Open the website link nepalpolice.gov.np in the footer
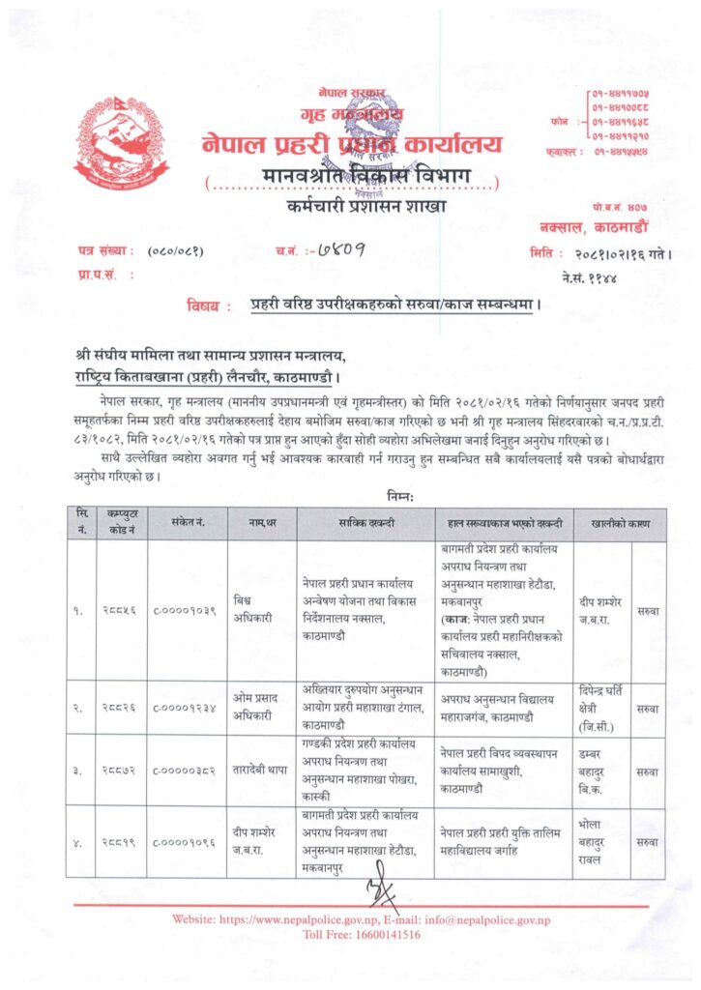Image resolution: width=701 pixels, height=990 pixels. [303, 919]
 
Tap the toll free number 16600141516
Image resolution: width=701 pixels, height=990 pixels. [379, 935]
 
